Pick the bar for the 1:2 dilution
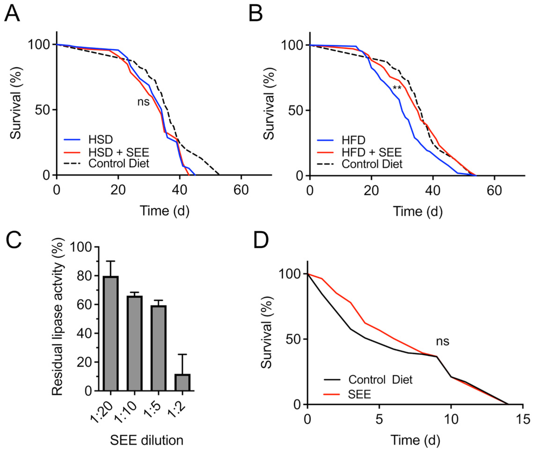[x=182, y=382]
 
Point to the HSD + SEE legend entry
[x=118, y=152]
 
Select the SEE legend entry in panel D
[x=359, y=394]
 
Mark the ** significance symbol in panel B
[x=397, y=88]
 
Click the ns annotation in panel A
[x=144, y=102]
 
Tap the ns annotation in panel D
[x=443, y=341]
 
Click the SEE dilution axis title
[x=147, y=440]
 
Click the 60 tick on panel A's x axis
[x=241, y=190]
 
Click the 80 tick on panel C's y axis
[x=84, y=276]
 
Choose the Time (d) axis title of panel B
[x=417, y=211]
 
